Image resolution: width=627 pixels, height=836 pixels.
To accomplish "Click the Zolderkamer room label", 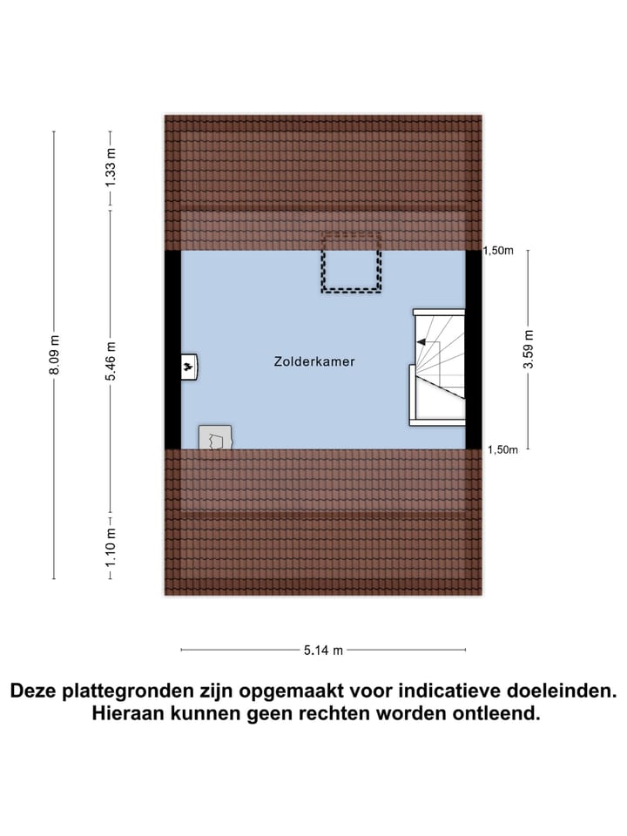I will (x=313, y=361).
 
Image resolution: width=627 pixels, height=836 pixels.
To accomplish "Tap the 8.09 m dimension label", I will (x=54, y=355).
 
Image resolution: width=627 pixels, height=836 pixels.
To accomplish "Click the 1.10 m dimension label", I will (x=110, y=547).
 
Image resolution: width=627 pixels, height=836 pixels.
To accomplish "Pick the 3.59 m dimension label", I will (x=528, y=349).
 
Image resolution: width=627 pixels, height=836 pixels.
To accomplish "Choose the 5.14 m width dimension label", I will (x=323, y=649).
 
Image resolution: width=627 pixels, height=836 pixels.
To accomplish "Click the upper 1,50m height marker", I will (x=501, y=251).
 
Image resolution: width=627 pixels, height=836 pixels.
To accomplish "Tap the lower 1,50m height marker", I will (x=502, y=449).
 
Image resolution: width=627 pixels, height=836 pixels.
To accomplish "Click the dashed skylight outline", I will (x=351, y=262).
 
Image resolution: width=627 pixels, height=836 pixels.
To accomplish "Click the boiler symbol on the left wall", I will (x=189, y=367).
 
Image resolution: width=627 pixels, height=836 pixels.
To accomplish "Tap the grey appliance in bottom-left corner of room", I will (x=215, y=437).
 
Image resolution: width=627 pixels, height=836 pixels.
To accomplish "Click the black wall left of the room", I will (x=172, y=348).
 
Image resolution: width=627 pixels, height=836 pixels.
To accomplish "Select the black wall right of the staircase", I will (x=474, y=348).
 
